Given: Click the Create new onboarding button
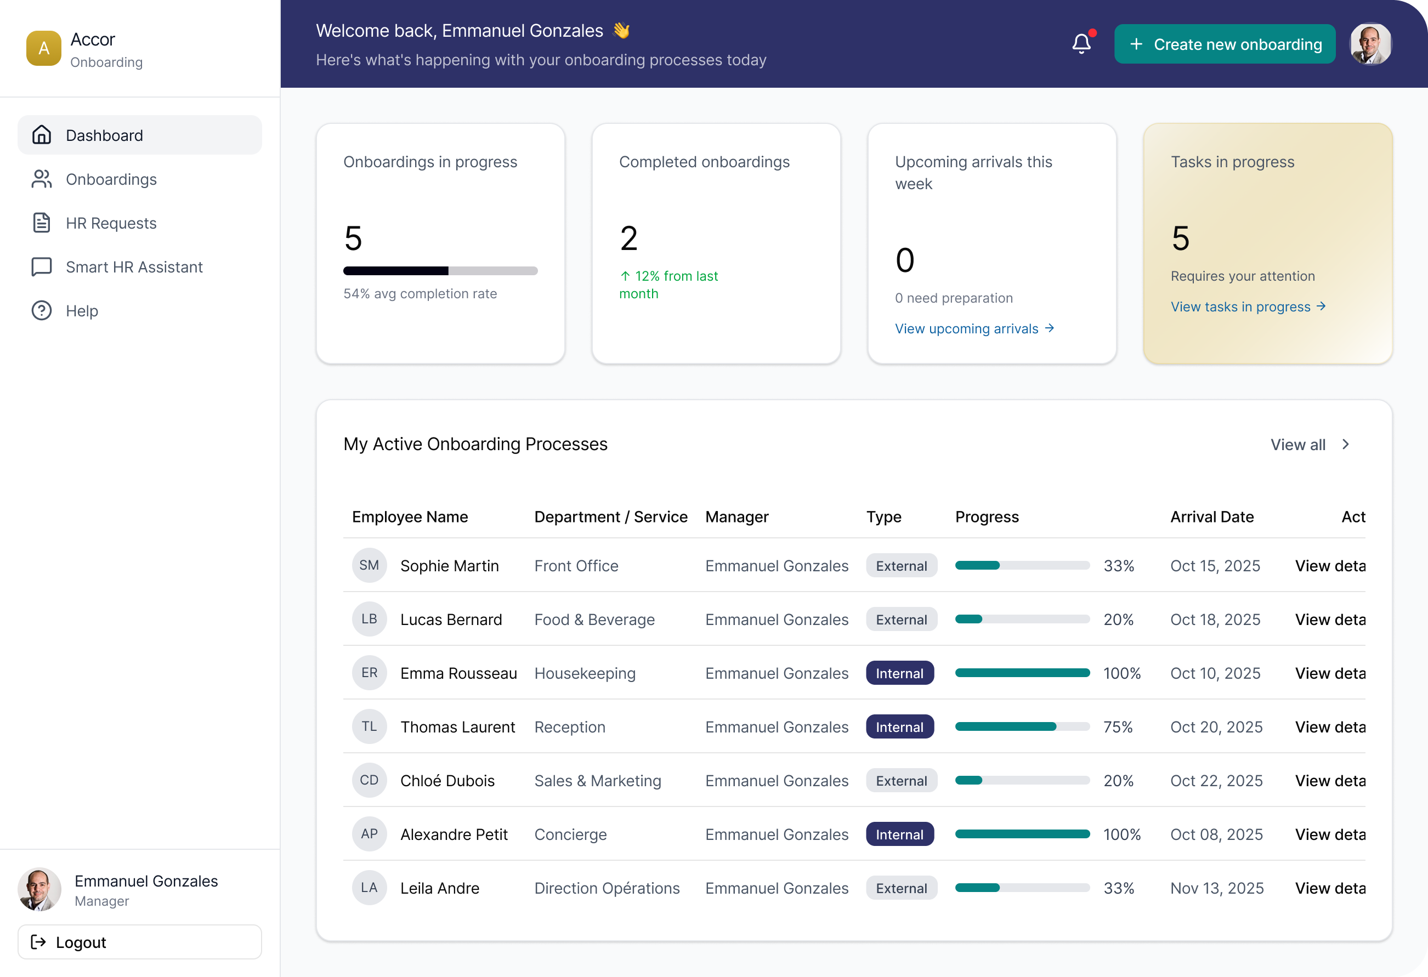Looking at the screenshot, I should coord(1224,44).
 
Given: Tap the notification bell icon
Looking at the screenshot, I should coord(1081,44).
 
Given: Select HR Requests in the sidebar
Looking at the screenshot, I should coord(111,223).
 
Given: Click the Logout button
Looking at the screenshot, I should coord(139,942).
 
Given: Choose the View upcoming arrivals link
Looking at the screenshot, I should coord(974,329).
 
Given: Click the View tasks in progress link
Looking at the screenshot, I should coord(1248,306).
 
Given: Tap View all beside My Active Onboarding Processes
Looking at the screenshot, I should coord(1309,444).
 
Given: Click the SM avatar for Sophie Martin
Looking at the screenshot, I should coord(369,565).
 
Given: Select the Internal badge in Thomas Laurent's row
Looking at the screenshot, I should coord(899,727).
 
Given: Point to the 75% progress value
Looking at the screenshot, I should coord(1118,727).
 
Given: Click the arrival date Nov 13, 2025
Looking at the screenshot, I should coord(1217,888).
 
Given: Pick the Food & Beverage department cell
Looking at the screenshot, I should coord(594,620).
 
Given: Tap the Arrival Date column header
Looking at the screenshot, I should coord(1212,517).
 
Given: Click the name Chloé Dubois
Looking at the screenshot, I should coord(447,780).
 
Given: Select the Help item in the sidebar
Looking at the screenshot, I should coord(82,311).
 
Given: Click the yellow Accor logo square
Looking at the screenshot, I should coord(44,48).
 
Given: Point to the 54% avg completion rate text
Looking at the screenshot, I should coord(420,294).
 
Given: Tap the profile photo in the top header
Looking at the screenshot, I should coord(1370,44).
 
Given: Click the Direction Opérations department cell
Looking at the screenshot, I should coord(607,888).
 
